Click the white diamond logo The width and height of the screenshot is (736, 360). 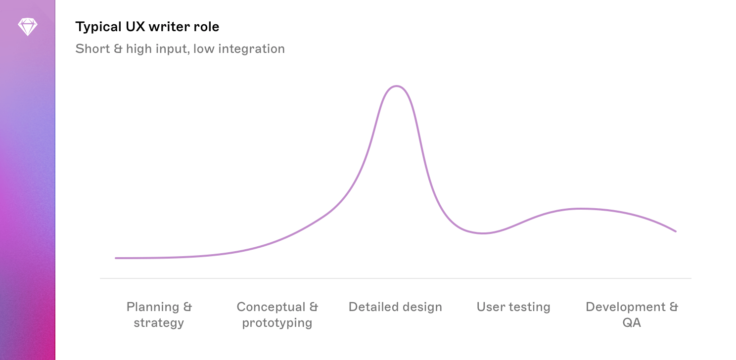27,27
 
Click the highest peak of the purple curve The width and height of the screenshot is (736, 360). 396,86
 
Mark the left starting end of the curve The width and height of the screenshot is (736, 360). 116,258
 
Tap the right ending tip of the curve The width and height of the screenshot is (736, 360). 675,231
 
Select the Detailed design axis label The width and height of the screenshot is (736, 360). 395,307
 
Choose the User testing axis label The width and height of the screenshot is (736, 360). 513,307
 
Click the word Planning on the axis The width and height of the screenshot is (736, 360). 152,307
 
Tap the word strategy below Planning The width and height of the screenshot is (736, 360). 159,323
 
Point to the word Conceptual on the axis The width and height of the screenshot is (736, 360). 271,307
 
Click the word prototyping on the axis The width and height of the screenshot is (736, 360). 277,323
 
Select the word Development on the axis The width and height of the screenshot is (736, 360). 625,307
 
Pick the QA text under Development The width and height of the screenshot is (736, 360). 632,323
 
